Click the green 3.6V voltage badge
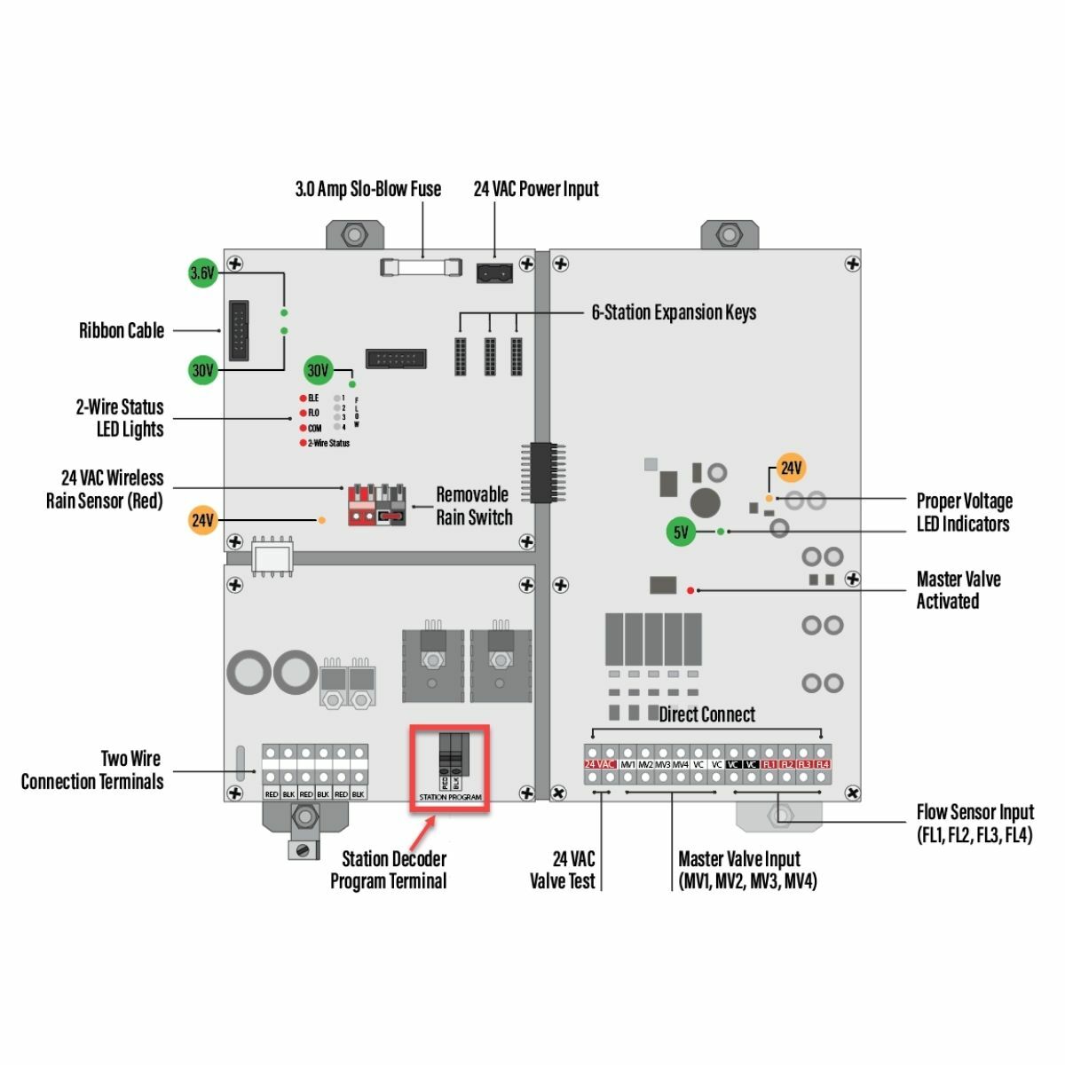(203, 273)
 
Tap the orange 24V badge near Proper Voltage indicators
(791, 468)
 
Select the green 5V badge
(681, 532)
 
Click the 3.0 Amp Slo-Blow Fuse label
(367, 189)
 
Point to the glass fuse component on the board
(422, 266)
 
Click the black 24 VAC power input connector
(494, 272)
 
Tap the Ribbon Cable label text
(122, 331)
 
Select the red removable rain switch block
(376, 506)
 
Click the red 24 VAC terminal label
(600, 764)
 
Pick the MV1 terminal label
(628, 764)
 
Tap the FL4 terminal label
(823, 764)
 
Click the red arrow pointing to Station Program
(424, 831)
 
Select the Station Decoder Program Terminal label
(389, 870)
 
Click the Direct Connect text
(707, 714)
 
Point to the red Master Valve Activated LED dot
(690, 589)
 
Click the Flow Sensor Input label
(974, 823)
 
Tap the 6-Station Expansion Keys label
(674, 312)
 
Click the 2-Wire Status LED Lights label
(120, 418)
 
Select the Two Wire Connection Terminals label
(92, 770)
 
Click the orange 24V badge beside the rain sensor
(203, 520)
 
